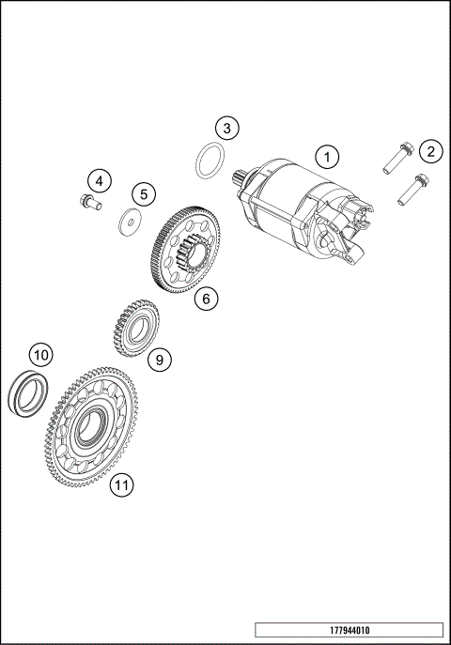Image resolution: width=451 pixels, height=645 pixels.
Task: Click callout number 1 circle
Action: click(326, 155)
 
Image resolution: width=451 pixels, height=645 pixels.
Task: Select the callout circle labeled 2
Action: click(429, 150)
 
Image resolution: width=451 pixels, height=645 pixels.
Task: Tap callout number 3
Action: click(225, 127)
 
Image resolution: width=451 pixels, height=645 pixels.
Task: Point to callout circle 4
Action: click(101, 179)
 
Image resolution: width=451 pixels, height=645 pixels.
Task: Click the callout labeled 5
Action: click(143, 194)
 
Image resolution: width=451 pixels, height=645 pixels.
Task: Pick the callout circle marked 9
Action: click(159, 358)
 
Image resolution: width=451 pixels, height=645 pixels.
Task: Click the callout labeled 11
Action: click(120, 484)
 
